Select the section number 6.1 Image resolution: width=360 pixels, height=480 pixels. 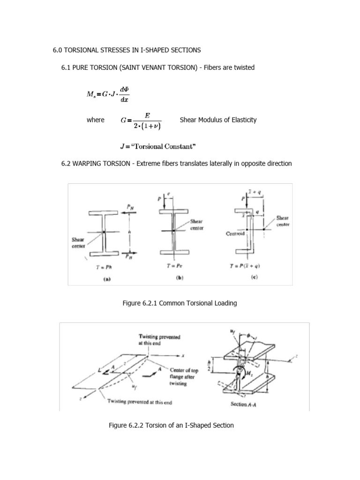(x=66, y=67)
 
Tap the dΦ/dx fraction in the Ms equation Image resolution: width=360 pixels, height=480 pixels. (x=124, y=94)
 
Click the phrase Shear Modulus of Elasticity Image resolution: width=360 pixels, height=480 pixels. (x=218, y=120)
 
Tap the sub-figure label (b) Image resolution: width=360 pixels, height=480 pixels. (x=179, y=277)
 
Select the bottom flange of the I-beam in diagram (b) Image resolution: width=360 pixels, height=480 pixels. (x=173, y=253)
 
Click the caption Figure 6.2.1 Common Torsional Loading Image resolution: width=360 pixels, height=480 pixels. (x=180, y=303)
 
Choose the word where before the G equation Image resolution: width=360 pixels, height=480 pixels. (x=96, y=120)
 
